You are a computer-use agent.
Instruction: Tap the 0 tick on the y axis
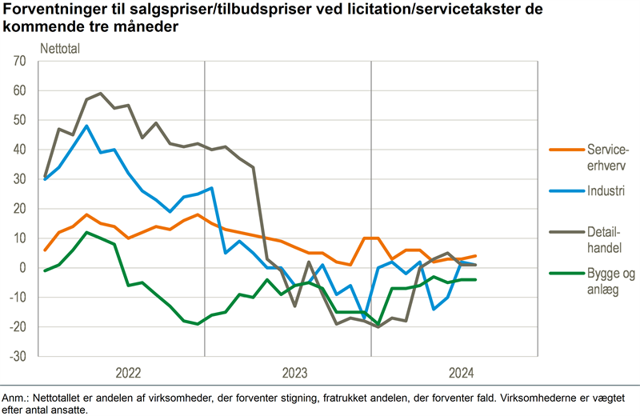pos(24,268)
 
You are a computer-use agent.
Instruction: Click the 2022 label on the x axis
pos(128,373)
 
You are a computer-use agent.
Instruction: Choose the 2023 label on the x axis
pos(294,373)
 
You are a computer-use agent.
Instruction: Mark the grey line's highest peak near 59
pos(100,94)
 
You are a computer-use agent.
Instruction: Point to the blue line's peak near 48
pos(86,126)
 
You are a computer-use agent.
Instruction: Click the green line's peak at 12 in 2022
pos(86,232)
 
